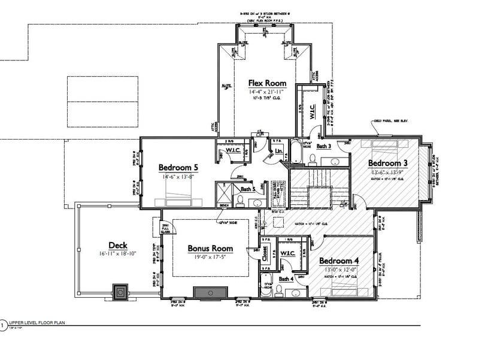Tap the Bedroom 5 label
point(178,167)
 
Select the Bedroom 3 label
point(388,163)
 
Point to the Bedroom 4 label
point(339,261)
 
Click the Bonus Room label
point(210,248)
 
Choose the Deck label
point(117,245)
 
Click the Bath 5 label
point(248,189)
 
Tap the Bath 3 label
point(324,146)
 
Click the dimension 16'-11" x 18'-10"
point(117,254)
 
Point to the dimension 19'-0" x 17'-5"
point(210,257)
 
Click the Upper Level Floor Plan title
point(36,322)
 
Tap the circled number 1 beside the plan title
point(3,326)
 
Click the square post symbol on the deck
point(120,292)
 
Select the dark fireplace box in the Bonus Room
point(210,292)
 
